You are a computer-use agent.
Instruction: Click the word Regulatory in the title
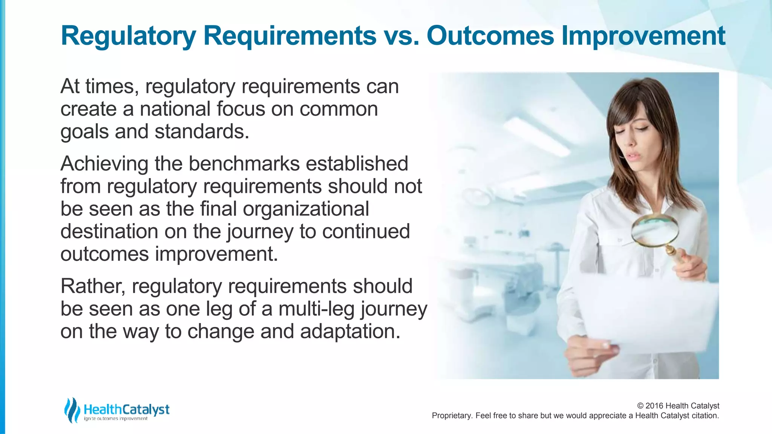point(129,37)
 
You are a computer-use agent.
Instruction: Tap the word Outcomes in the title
point(490,36)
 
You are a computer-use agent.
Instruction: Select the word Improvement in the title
point(643,37)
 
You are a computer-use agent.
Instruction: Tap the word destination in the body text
point(109,231)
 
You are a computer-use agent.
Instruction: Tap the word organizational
point(306,209)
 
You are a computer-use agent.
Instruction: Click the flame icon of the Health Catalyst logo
point(72,410)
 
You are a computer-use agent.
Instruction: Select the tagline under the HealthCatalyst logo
point(116,419)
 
